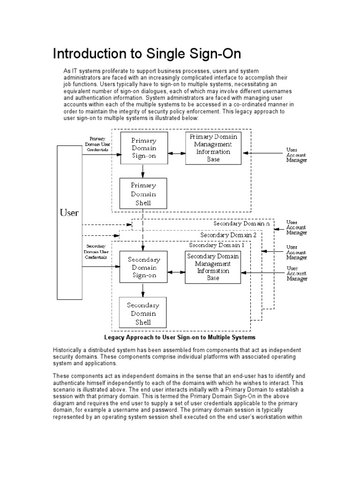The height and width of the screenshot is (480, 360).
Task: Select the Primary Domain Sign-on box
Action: tap(144, 148)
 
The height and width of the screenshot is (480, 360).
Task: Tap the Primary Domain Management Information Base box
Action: tap(213, 148)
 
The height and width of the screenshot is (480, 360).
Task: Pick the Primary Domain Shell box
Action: tap(143, 193)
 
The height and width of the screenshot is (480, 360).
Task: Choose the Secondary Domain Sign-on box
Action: tap(143, 267)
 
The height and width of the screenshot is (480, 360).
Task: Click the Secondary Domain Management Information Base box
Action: tap(213, 267)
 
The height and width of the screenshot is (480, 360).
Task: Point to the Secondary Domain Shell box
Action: tap(143, 313)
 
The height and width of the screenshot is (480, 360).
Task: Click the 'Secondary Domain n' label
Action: tap(241, 224)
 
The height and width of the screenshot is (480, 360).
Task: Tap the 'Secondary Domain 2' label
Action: tap(228, 234)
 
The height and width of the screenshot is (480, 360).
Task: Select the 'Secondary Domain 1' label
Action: tap(217, 245)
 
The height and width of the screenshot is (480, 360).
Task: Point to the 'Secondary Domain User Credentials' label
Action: tap(96, 251)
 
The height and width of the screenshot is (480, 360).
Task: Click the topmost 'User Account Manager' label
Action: tap(297, 155)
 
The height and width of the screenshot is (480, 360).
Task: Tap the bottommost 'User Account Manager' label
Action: tap(297, 273)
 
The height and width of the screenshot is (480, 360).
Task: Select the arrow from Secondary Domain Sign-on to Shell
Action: tap(143, 290)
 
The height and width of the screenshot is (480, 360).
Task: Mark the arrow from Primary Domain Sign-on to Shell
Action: tap(143, 171)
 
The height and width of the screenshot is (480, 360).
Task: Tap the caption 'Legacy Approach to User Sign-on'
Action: tap(180, 337)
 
